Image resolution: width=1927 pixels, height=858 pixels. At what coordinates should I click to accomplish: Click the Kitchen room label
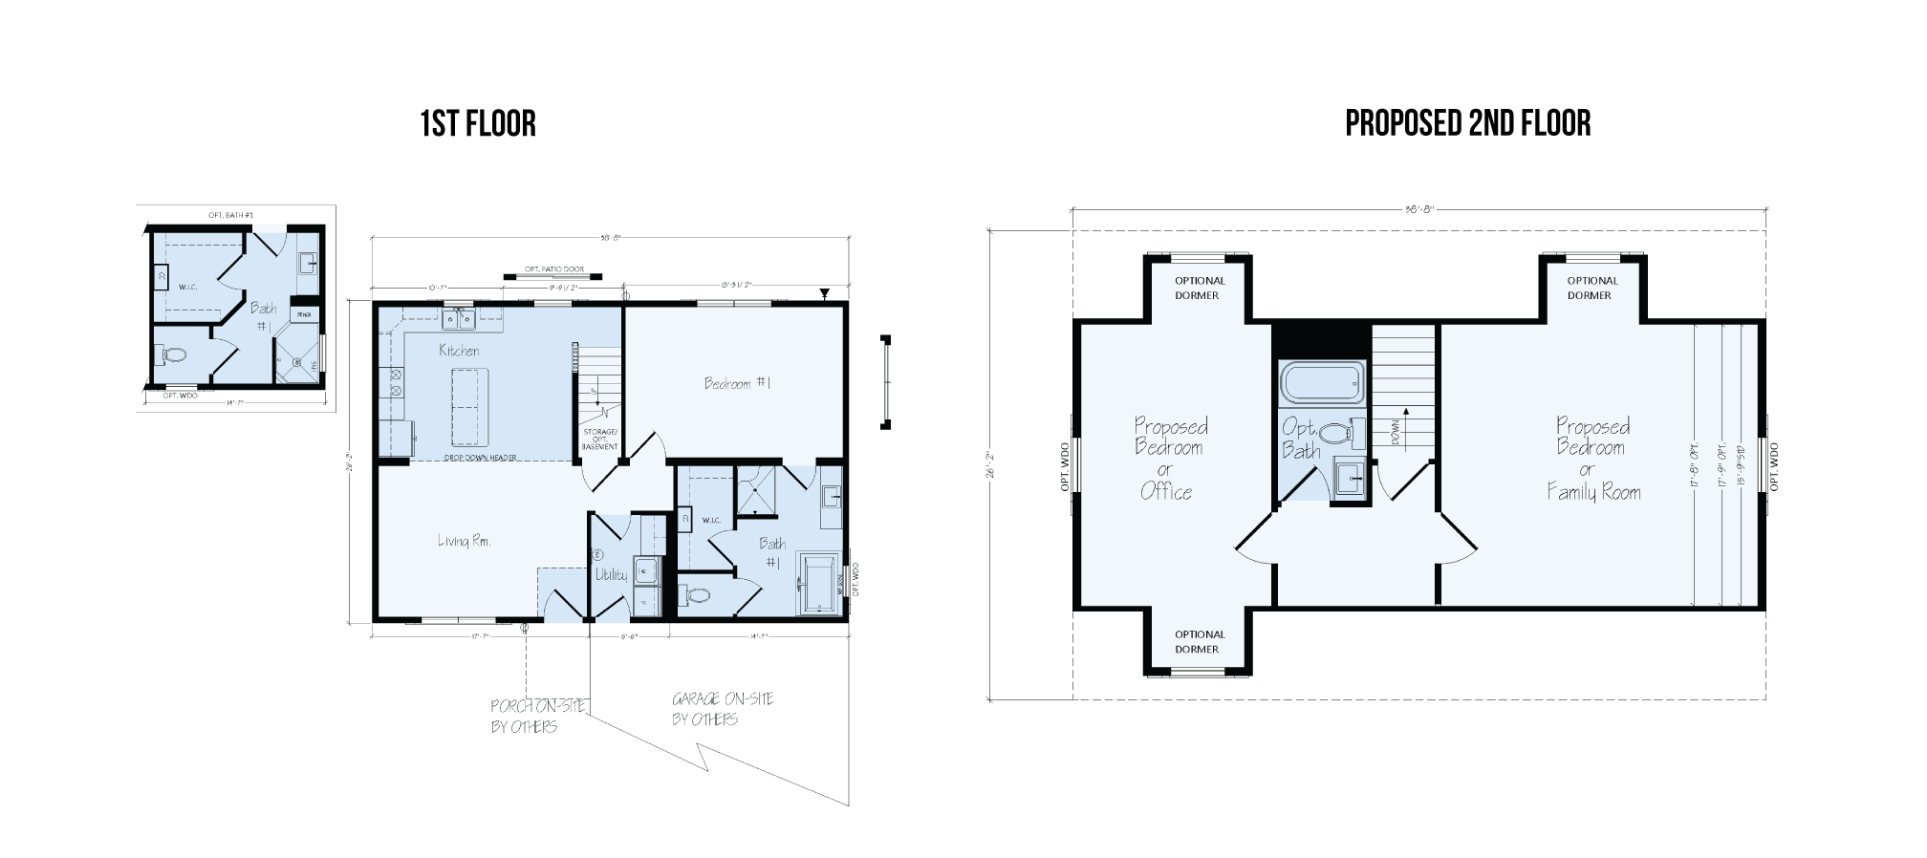coord(459,351)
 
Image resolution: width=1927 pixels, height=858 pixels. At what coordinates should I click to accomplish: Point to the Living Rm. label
coord(465,541)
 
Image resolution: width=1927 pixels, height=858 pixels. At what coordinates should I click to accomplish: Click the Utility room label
coord(611,574)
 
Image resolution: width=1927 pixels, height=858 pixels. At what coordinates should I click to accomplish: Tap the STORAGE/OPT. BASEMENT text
coord(600,440)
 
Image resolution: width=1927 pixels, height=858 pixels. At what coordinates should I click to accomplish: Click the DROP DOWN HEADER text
coord(481,459)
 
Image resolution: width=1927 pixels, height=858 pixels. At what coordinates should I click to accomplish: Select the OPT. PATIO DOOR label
coord(553,270)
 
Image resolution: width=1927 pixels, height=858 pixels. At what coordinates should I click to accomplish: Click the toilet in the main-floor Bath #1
coord(698,595)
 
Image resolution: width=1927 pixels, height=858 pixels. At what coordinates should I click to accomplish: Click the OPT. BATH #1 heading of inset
coord(230,215)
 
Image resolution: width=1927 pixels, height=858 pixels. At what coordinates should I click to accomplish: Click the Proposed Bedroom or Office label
coord(1169,459)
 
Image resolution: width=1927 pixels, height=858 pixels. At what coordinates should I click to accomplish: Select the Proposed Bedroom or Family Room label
coord(1593,459)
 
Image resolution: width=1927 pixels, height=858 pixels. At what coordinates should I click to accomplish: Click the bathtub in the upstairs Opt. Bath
coord(1322,384)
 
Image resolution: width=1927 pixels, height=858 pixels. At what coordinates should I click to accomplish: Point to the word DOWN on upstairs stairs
coord(1396,434)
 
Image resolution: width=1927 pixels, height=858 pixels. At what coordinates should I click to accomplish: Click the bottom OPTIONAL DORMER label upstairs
coord(1199,641)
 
